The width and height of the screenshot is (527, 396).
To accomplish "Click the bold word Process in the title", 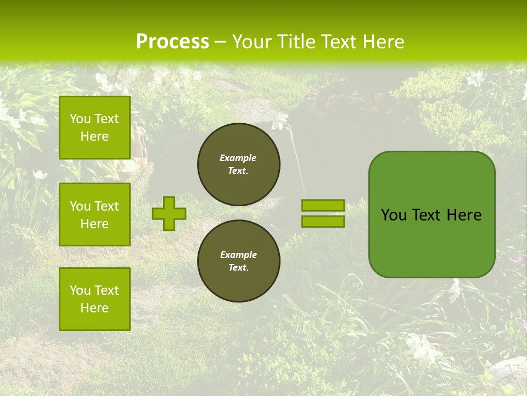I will (172, 42).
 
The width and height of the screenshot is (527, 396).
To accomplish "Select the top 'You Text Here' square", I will (94, 128).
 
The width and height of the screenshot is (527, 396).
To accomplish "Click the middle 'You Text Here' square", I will (94, 215).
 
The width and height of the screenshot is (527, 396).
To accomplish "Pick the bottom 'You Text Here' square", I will (94, 299).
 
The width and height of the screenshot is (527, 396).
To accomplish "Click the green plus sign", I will (169, 213).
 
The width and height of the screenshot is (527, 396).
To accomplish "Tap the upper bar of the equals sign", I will (323, 206).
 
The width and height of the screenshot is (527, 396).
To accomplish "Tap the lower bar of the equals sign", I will (323, 222).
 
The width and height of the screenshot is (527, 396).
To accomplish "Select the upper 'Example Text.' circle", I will (239, 164).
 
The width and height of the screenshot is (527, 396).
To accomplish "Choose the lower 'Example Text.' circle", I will (239, 261).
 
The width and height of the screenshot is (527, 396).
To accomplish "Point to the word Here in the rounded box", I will (464, 215).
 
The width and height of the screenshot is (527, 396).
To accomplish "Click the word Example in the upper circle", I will (238, 158).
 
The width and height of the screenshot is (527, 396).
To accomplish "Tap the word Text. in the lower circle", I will (239, 268).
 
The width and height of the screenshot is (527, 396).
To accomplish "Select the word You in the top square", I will (80, 119).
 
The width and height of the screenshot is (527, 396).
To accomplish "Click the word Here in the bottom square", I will (94, 308).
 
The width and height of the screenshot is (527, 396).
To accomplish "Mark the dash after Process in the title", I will (221, 42).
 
